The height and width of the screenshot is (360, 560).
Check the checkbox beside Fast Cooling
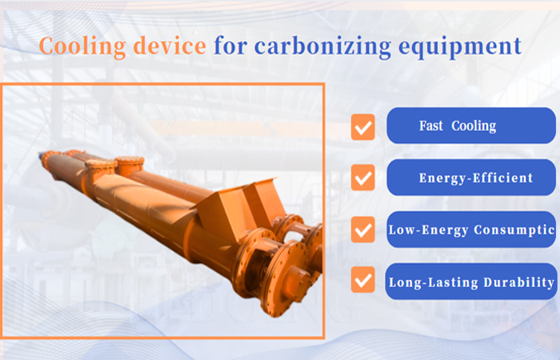point(363,126)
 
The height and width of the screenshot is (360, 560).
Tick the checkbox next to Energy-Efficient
point(363,178)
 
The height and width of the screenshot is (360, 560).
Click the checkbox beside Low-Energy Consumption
point(363,230)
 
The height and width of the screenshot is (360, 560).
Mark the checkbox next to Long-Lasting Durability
point(363,281)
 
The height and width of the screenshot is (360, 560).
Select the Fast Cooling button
point(470,126)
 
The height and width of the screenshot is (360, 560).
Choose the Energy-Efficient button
point(470,178)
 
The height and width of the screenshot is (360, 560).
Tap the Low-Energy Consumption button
point(470,230)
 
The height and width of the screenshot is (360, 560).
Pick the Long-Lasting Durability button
point(470,282)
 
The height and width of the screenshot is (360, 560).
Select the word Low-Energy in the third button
point(425,230)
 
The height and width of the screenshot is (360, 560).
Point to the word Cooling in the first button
point(474,126)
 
